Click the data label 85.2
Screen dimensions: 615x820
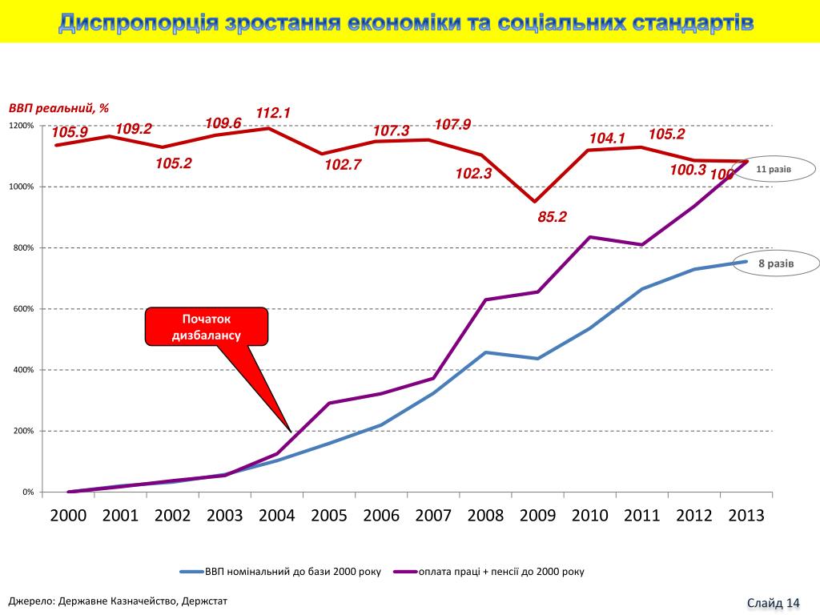click(552, 215)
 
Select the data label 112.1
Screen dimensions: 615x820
click(272, 114)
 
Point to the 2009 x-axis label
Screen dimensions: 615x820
click(537, 515)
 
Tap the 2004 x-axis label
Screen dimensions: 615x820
click(277, 515)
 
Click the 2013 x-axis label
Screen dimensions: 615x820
click(746, 515)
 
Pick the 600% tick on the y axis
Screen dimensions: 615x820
click(22, 309)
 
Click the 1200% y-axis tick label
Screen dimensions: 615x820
click(21, 127)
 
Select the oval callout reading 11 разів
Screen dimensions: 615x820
click(774, 170)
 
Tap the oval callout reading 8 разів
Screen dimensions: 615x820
click(776, 263)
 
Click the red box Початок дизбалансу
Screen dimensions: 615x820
click(206, 327)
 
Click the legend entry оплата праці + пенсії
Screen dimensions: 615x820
click(501, 572)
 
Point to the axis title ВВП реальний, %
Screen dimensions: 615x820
click(58, 107)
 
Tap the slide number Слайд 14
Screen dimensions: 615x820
click(774, 602)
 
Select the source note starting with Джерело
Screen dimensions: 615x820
click(118, 600)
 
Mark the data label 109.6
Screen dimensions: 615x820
click(223, 123)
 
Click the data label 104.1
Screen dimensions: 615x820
click(607, 139)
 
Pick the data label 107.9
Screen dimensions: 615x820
click(452, 124)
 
